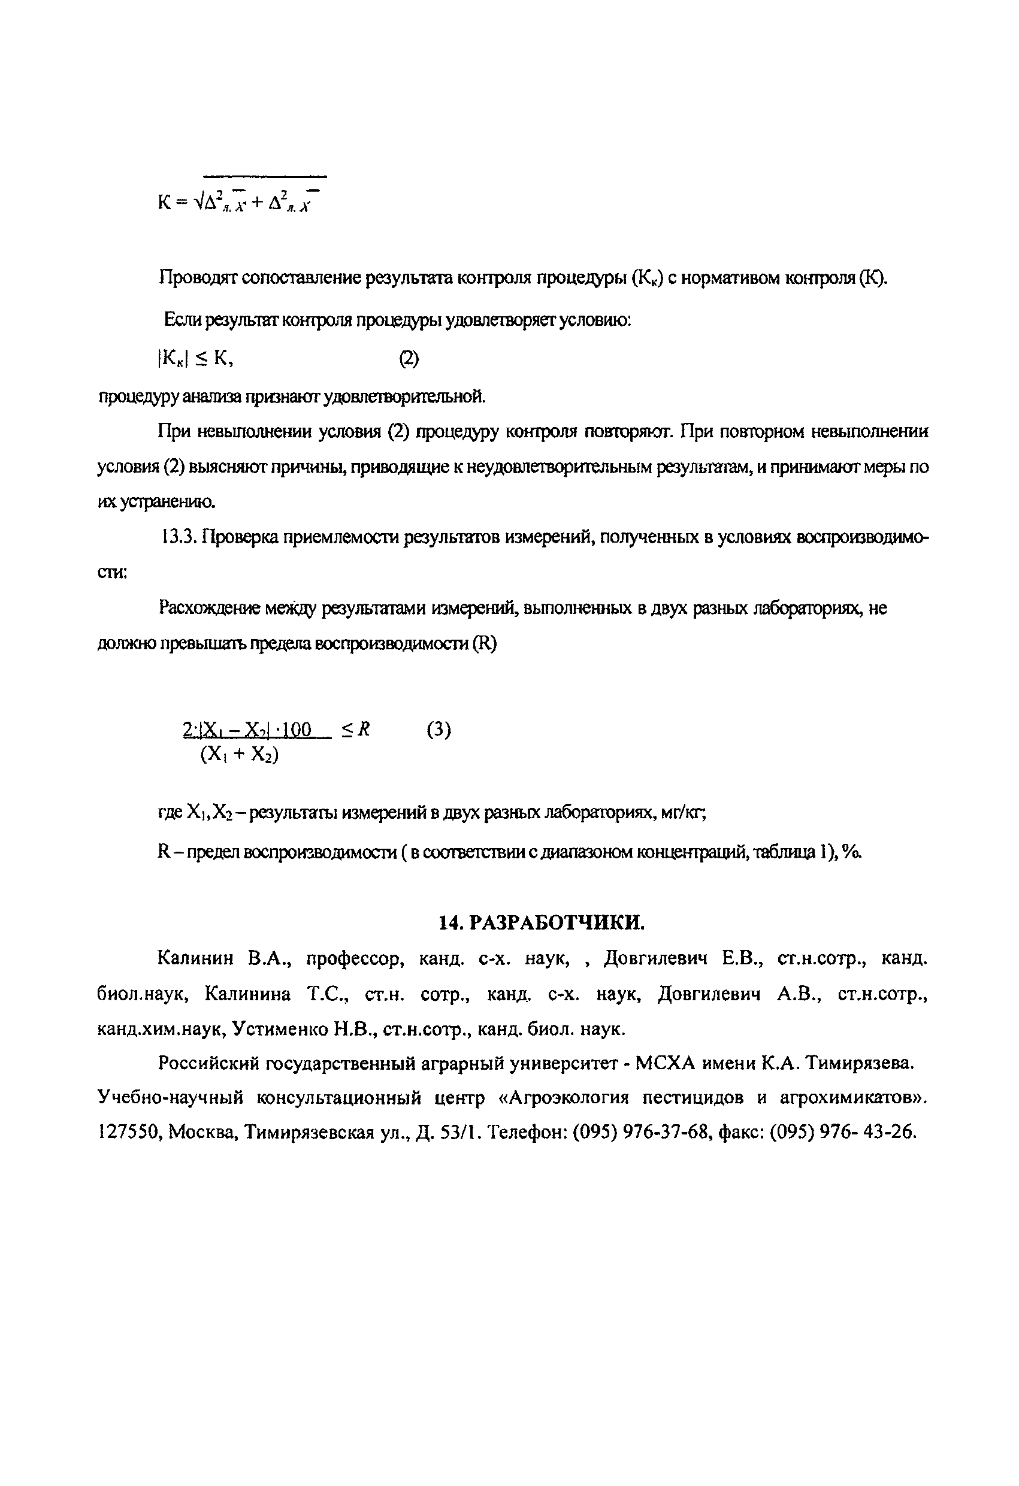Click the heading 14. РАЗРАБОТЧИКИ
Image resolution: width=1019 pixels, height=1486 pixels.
click(x=542, y=922)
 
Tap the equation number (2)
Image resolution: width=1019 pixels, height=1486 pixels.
click(x=409, y=359)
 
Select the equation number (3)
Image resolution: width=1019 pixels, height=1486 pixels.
click(x=438, y=730)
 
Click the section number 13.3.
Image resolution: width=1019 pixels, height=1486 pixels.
click(x=177, y=538)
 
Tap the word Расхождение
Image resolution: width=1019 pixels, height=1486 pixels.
click(x=208, y=607)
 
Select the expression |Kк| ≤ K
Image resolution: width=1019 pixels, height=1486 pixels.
click(x=195, y=359)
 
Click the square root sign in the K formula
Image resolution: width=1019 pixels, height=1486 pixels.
click(x=199, y=202)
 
